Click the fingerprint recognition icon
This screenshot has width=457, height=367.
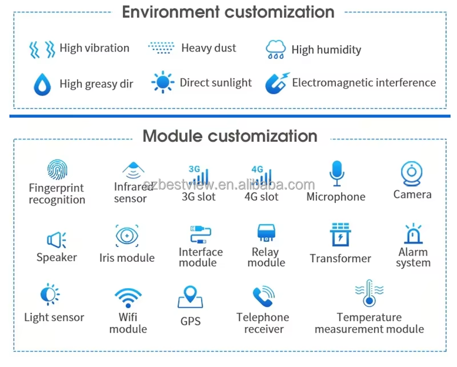pyautogui.click(x=57, y=170)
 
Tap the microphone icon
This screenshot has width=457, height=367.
pyautogui.click(x=336, y=173)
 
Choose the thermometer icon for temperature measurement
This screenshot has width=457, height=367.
pyautogui.click(x=369, y=293)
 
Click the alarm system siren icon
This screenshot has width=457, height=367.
pyautogui.click(x=413, y=234)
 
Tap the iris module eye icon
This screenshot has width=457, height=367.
pyautogui.click(x=127, y=236)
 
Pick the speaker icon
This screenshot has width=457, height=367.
pyautogui.click(x=57, y=240)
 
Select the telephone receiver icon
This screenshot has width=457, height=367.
pyautogui.click(x=263, y=297)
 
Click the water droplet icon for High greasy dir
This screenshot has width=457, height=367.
pyautogui.click(x=42, y=84)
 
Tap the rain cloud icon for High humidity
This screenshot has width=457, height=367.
pyautogui.click(x=276, y=50)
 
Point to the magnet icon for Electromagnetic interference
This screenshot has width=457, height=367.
pyautogui.click(x=277, y=83)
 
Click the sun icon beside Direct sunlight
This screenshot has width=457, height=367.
pyautogui.click(x=163, y=83)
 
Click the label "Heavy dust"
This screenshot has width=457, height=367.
pyautogui.click(x=209, y=49)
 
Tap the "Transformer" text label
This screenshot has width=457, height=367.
pyautogui.click(x=340, y=258)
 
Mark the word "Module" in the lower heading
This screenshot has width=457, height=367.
pyautogui.click(x=172, y=136)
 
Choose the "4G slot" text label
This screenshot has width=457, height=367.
pyautogui.click(x=261, y=197)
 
